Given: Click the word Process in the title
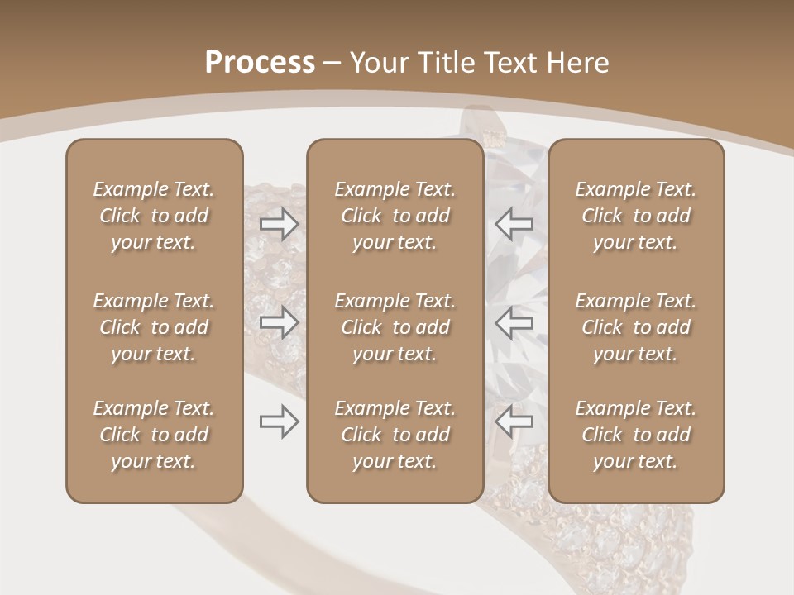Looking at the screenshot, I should coord(260,63).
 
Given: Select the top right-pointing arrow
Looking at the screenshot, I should coord(279,224).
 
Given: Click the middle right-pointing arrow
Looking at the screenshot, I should coord(279,322).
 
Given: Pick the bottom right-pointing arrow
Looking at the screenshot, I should coord(279,421).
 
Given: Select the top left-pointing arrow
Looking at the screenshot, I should coord(514,224).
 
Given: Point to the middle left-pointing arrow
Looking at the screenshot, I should coord(514,322).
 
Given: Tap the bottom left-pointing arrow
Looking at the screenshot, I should coord(514,421).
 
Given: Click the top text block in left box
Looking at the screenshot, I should coord(154,216).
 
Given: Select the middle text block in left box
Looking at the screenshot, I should coord(154,327).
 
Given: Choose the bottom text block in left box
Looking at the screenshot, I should coord(154,435).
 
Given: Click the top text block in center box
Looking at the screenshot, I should coord(395,216).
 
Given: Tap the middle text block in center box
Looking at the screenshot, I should coord(395,327).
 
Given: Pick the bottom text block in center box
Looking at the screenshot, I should coord(395,435).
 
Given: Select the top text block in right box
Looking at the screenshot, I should coord(636,216).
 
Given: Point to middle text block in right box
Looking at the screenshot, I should coord(636,327).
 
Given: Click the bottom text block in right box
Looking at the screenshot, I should coord(636,435).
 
